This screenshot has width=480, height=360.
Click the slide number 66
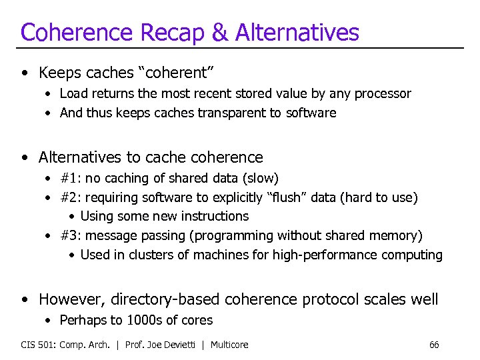pyautogui.click(x=434, y=345)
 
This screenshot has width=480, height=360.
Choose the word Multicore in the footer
pyautogui.click(x=229, y=345)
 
